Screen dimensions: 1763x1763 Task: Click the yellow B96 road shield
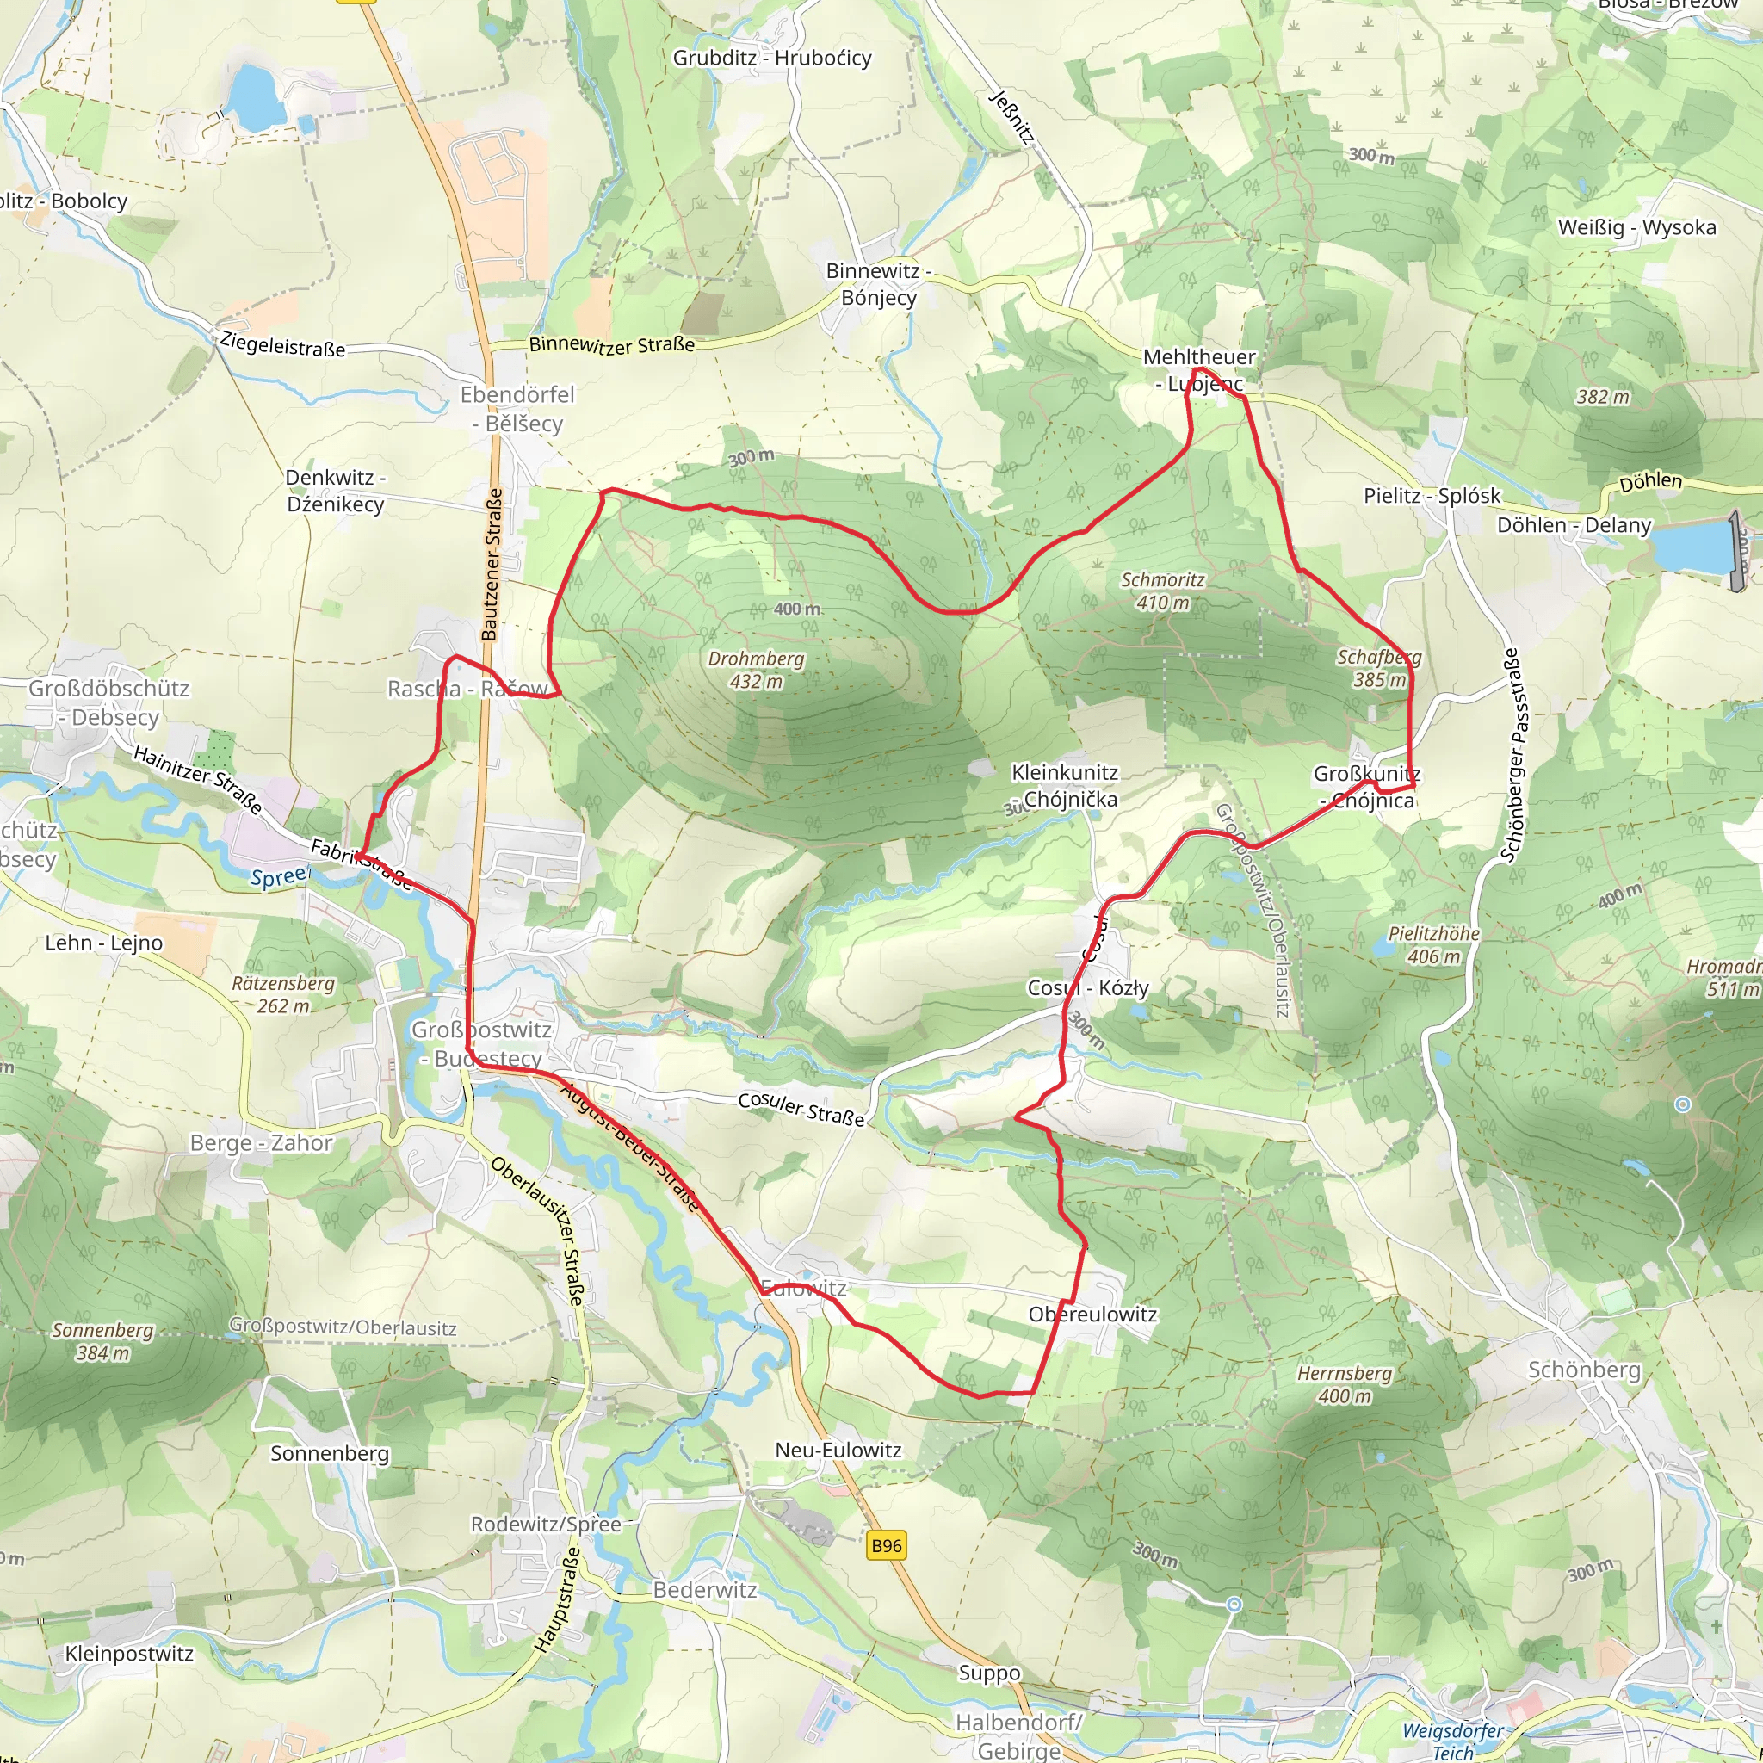886,1545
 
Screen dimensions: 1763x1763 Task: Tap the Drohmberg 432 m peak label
757,670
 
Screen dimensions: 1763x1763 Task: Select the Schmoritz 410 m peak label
1162,591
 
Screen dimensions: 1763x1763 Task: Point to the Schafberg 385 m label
1379,668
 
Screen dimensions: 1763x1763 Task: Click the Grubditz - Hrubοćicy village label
772,58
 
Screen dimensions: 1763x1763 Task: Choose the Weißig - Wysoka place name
1637,227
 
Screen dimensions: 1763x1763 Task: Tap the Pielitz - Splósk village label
1432,496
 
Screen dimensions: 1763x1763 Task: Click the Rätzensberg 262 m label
283,994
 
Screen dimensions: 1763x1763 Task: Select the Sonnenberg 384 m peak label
102,1341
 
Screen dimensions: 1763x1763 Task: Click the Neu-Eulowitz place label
838,1450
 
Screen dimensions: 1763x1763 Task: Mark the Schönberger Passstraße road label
1512,755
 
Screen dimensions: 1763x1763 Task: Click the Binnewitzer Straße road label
611,345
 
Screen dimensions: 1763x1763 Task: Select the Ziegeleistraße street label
282,345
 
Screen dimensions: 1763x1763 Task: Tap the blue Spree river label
278,877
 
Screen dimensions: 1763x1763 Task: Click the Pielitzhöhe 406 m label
1433,944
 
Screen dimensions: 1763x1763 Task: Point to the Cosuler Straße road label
801,1108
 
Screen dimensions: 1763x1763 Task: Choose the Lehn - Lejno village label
104,943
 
